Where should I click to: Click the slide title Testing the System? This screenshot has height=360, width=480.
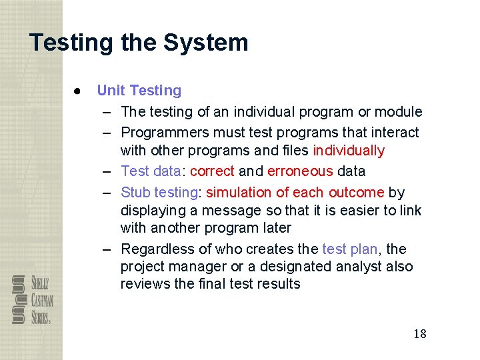139,43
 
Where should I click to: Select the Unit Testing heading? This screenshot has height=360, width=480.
139,91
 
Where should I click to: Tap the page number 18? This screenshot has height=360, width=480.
419,334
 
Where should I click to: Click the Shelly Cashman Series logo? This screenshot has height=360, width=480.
32,299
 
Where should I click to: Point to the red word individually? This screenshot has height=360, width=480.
348,151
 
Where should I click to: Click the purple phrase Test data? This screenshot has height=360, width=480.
151,171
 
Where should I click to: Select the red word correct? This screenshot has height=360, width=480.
212,171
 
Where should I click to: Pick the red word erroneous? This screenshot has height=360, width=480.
299,171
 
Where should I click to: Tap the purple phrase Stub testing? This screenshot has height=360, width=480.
159,193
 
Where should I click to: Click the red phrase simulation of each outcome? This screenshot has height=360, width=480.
295,193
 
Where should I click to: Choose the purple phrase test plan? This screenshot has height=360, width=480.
349,249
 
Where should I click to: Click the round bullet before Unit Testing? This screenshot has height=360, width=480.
78,91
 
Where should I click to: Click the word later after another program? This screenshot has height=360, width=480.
273,228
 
